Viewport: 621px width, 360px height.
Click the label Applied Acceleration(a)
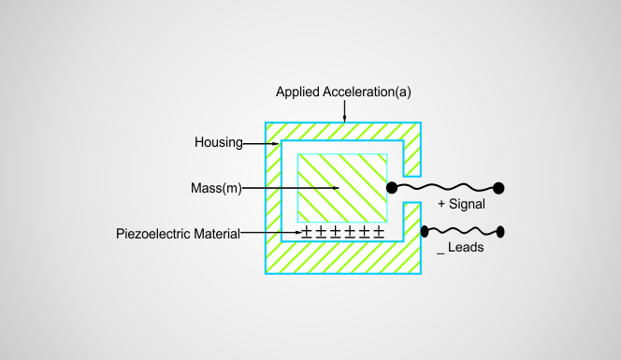click(344, 93)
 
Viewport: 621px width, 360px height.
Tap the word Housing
click(219, 143)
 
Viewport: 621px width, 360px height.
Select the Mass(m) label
click(215, 188)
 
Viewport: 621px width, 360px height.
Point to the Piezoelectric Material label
click(178, 232)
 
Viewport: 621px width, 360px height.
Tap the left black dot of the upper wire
click(392, 188)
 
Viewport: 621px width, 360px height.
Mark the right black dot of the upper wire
click(498, 188)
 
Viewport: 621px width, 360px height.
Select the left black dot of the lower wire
click(425, 231)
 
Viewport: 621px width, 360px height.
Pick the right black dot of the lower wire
click(500, 231)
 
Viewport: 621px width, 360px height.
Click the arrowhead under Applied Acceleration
click(344, 119)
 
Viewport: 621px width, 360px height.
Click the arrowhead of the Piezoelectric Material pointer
click(297, 232)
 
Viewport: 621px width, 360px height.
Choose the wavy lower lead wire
click(463, 231)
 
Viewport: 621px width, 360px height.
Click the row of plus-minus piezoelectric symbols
click(342, 231)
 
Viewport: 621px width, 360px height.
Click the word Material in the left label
click(215, 232)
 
